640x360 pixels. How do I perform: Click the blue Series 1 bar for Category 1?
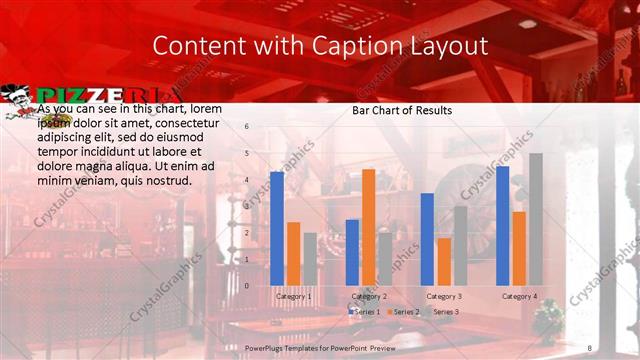(277, 228)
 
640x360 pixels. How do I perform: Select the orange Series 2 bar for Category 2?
(368, 227)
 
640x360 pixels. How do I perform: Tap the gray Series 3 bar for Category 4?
(535, 219)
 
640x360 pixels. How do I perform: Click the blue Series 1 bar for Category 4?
(502, 225)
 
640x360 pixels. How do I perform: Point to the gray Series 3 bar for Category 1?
(310, 259)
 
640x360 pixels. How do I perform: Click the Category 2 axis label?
(369, 296)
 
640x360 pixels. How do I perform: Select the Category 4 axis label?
(519, 296)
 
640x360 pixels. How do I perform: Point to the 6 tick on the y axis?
(246, 127)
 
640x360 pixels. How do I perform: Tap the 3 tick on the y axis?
(246, 206)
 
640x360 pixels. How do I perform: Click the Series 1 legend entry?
(363, 312)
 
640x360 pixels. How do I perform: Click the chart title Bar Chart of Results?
(402, 110)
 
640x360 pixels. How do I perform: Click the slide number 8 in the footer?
(589, 346)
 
